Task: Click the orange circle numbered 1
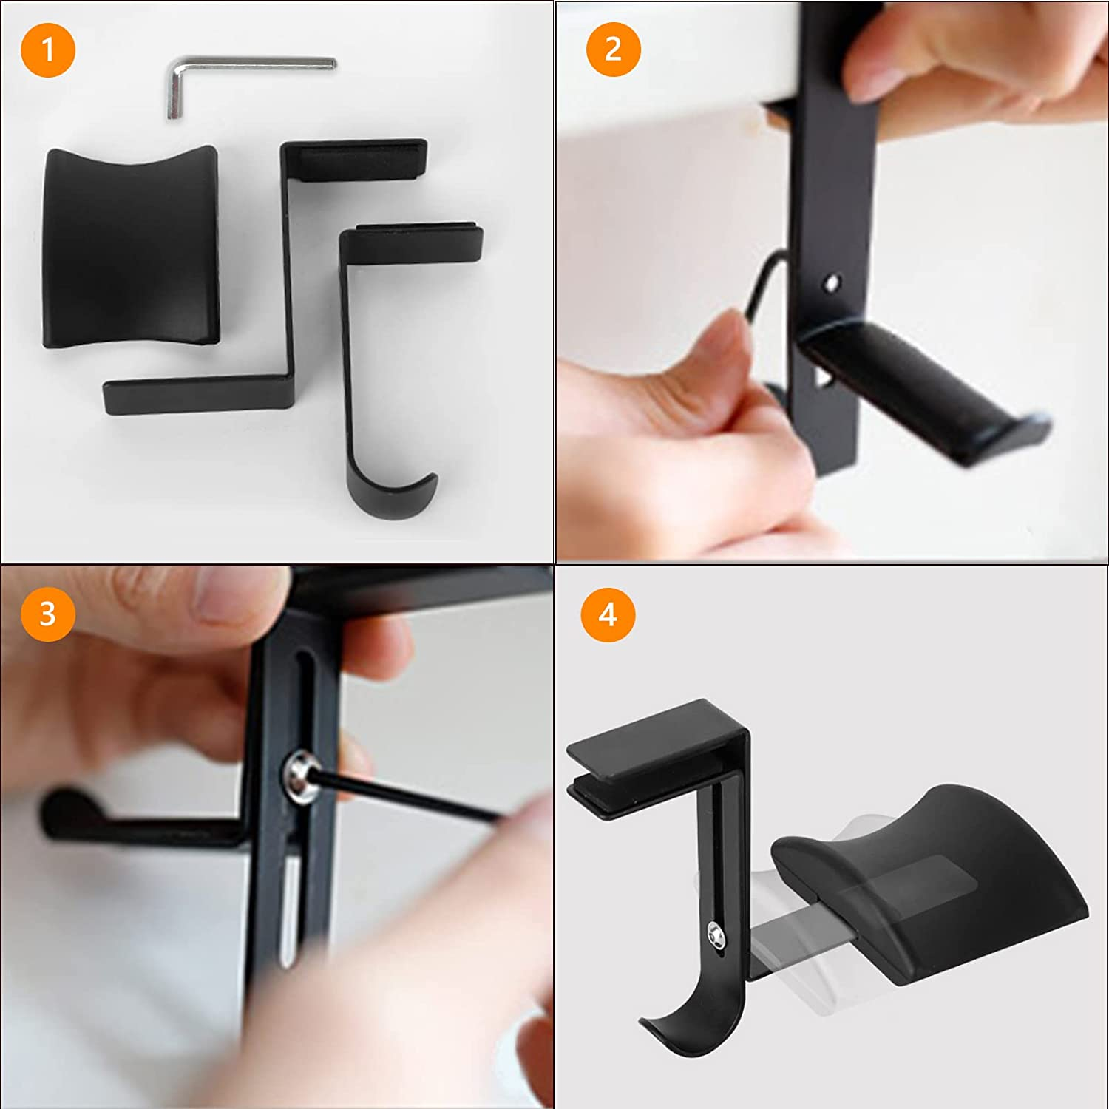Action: [48, 50]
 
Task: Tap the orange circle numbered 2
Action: [613, 50]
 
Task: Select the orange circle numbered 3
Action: [48, 614]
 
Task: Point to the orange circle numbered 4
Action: [608, 614]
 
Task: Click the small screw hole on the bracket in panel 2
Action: [832, 282]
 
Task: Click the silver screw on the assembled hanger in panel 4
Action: [716, 936]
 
